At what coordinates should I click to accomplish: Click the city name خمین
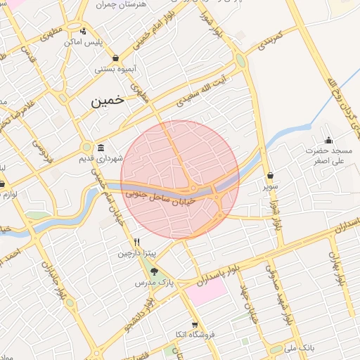click(x=107, y=100)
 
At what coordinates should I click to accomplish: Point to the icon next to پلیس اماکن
click(x=84, y=31)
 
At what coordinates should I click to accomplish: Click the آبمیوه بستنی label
click(x=115, y=70)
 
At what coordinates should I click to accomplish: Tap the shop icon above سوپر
click(x=271, y=175)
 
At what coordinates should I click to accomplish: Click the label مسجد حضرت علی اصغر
click(x=328, y=156)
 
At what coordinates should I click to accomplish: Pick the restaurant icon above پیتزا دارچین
click(x=136, y=241)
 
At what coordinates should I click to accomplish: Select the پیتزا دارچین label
click(x=136, y=253)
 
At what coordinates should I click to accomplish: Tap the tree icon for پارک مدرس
click(x=155, y=271)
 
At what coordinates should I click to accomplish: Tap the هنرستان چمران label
click(x=143, y=4)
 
